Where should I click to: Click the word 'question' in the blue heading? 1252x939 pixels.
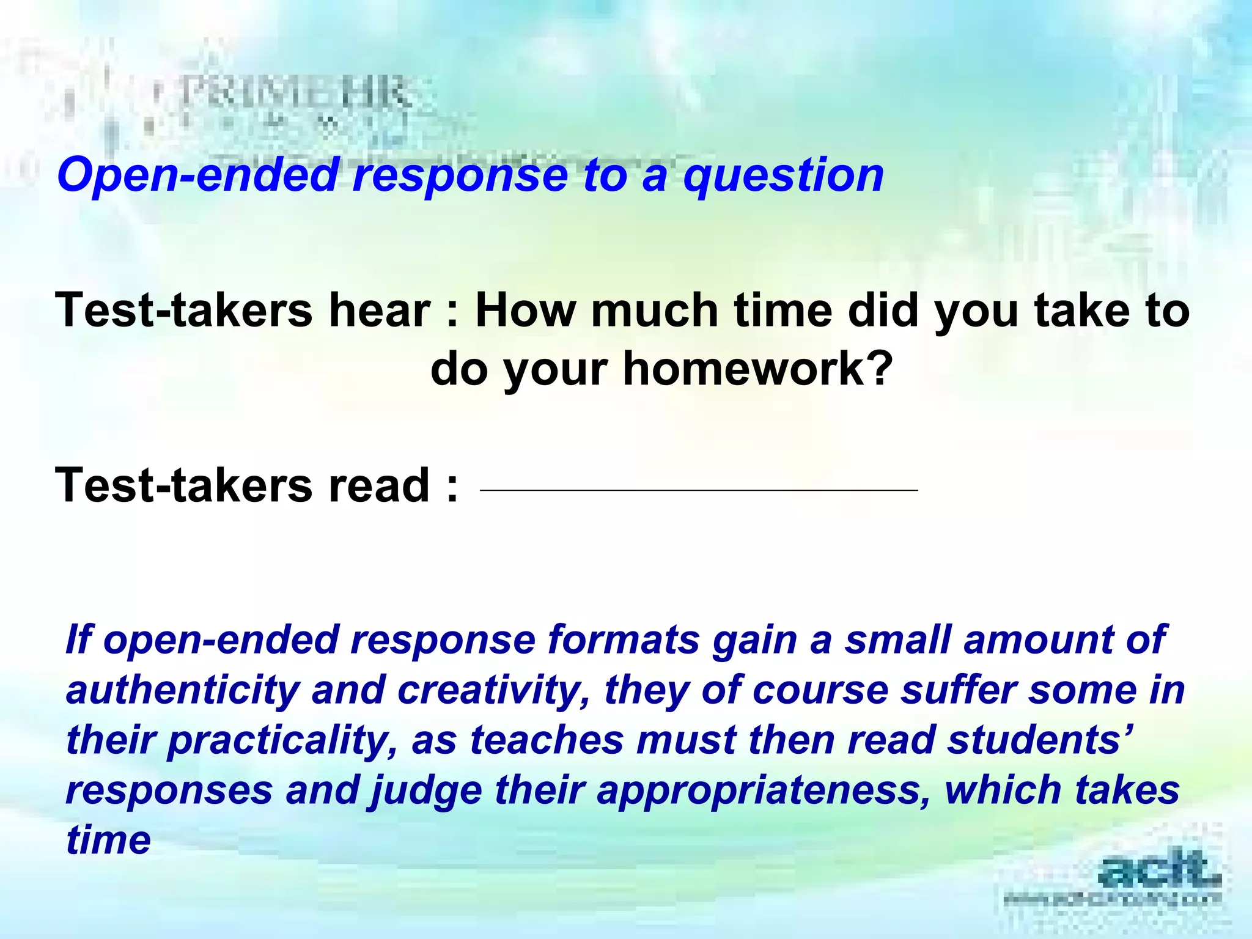pyautogui.click(x=783, y=176)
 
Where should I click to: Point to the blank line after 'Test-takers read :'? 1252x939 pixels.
pyautogui.click(x=699, y=490)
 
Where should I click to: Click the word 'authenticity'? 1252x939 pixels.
pyautogui.click(x=182, y=690)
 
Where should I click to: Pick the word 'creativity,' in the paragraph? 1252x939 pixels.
pyautogui.click(x=494, y=690)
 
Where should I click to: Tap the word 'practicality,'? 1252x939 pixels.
pyautogui.click(x=282, y=740)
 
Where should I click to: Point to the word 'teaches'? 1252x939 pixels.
pyautogui.click(x=547, y=740)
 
